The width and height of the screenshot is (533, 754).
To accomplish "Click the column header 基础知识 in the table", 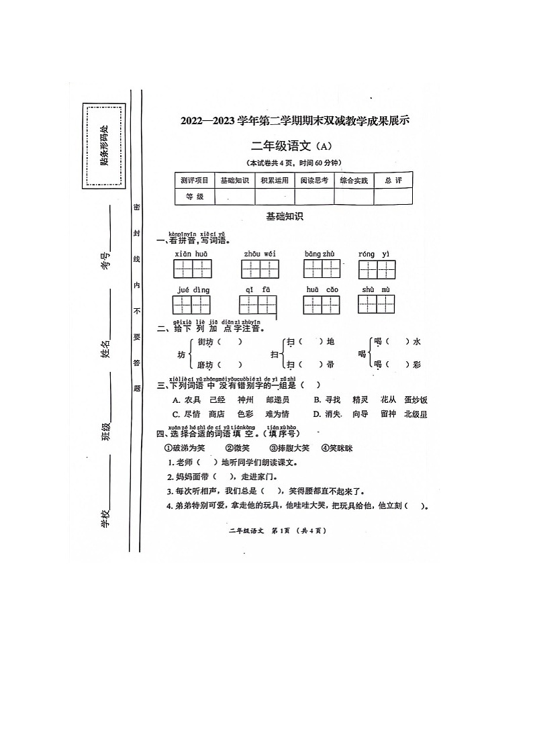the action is click(234, 180).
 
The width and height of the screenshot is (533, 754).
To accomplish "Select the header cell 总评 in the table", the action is click(393, 180).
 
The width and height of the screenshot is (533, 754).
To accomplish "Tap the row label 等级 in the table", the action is click(194, 197).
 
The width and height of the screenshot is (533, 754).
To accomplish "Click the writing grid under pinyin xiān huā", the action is click(193, 269).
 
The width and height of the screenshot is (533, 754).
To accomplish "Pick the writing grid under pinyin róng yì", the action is click(377, 269).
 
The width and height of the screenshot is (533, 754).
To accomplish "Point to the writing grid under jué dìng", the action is click(192, 304).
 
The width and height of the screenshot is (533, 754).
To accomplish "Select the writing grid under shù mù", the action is click(376, 303).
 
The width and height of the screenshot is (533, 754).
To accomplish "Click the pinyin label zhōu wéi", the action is click(260, 254).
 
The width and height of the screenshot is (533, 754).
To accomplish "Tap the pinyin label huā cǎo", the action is click(322, 289).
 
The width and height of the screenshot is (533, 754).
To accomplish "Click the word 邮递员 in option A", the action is click(277, 400).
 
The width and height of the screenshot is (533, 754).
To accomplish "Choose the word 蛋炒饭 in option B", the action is click(416, 400).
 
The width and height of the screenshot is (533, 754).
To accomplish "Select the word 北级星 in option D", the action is click(416, 414).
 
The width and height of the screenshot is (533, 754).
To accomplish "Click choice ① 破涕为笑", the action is click(185, 448).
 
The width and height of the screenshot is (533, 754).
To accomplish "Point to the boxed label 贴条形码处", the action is click(104, 146).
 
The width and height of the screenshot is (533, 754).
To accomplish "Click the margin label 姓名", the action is click(106, 348).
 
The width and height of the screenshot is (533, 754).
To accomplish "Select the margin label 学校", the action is click(105, 518).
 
